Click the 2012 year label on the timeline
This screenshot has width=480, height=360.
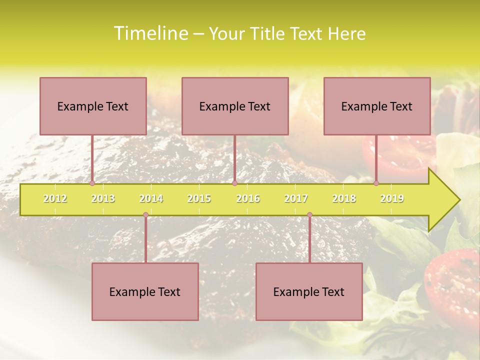tap(55, 198)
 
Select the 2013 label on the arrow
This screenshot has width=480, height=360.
tap(103, 198)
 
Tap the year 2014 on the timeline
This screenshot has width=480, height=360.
tap(151, 198)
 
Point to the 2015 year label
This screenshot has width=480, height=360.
tap(199, 198)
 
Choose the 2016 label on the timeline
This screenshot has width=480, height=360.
tap(248, 198)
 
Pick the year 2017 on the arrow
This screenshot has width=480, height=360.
tap(296, 198)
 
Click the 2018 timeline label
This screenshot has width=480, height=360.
tap(344, 198)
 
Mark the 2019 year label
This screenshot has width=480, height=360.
tap(392, 198)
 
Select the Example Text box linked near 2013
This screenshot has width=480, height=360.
tap(93, 106)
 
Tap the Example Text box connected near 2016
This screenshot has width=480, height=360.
tap(235, 106)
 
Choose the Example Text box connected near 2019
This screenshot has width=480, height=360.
tap(377, 106)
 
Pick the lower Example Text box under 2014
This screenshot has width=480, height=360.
tap(145, 291)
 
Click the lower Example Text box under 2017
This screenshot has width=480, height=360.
tap(309, 291)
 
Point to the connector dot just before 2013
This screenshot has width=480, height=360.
tap(92, 183)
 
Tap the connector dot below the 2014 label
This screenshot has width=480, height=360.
tap(145, 215)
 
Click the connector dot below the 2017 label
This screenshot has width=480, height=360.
tap(309, 215)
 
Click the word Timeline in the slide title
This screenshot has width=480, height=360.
tap(150, 33)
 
